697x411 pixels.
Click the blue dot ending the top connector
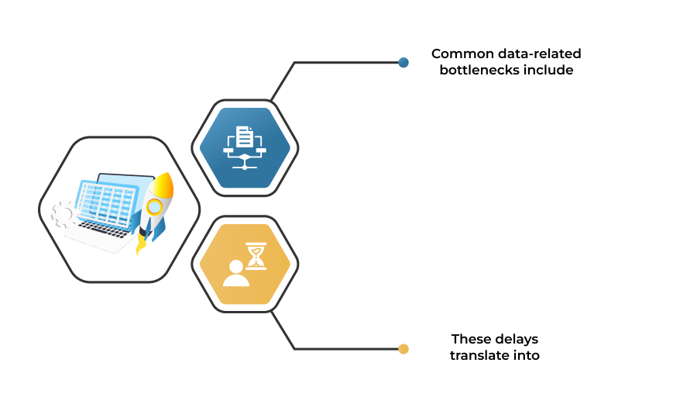tap(403, 62)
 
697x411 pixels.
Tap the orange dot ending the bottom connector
tap(403, 349)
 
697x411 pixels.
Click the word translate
tap(479, 355)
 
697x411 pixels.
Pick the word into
tap(526, 355)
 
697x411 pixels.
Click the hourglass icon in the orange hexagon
tap(256, 256)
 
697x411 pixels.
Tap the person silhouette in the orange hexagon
tap(236, 274)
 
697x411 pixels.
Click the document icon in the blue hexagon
tap(245, 136)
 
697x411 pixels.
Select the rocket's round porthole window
tap(154, 207)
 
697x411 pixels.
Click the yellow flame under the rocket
tap(141, 243)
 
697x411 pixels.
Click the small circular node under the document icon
tap(245, 167)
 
